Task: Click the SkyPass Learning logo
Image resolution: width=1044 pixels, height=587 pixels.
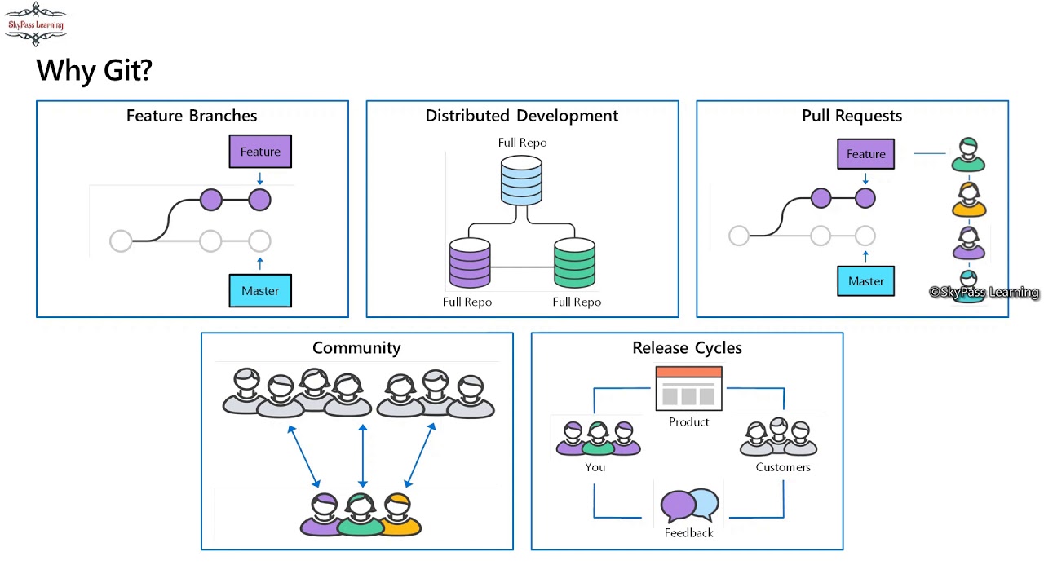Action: pos(35,24)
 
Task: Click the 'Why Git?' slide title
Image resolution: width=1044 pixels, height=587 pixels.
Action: pos(94,70)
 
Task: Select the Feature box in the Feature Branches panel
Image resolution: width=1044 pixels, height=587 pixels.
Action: pos(260,152)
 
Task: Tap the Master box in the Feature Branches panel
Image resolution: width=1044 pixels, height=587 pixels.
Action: pos(260,290)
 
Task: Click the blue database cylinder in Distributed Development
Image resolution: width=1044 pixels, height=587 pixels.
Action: pos(521,180)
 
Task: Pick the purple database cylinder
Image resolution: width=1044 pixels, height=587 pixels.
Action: pos(470,263)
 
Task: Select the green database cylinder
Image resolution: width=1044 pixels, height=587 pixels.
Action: pos(574,263)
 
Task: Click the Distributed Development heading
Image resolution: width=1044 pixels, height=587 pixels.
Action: pos(522,116)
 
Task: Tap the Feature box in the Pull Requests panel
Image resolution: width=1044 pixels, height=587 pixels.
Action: pos(865,154)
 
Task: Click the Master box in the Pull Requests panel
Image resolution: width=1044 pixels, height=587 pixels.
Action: pos(865,281)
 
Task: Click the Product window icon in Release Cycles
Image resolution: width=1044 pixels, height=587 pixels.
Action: pos(688,389)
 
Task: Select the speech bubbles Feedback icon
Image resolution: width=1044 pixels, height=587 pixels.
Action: pos(689,505)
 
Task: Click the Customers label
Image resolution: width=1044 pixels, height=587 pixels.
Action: pos(783,467)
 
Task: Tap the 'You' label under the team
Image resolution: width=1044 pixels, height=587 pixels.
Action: pos(595,467)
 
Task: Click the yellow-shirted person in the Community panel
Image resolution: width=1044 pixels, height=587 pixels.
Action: pos(399,515)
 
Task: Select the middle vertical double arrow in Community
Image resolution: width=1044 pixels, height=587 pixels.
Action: pos(362,456)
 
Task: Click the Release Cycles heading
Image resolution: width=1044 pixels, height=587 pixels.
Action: pos(687,348)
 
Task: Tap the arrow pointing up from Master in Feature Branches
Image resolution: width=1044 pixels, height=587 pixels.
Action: pos(260,263)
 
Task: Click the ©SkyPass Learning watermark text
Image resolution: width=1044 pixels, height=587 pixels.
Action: pos(984,293)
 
